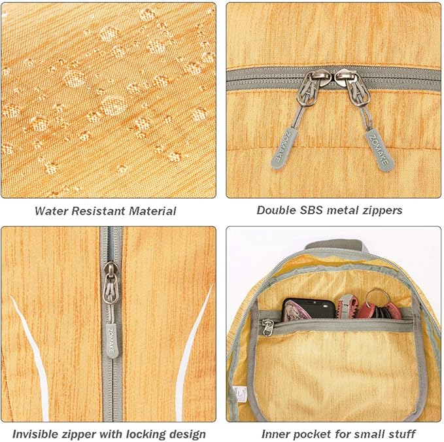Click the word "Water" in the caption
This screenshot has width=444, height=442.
pyautogui.click(x=51, y=211)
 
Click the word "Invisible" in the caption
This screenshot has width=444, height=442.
pyautogui.click(x=35, y=434)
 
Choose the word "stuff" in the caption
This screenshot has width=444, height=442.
pyautogui.click(x=401, y=433)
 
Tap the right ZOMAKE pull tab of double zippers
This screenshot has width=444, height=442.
pyautogui.click(x=379, y=151)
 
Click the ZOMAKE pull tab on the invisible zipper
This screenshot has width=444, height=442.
pyautogui.click(x=112, y=341)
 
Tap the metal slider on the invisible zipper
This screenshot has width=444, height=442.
pyautogui.click(x=111, y=283)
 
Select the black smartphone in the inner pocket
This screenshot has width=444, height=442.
pyautogui.click(x=309, y=310)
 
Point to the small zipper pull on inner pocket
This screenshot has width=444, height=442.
pyautogui.click(x=268, y=327)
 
